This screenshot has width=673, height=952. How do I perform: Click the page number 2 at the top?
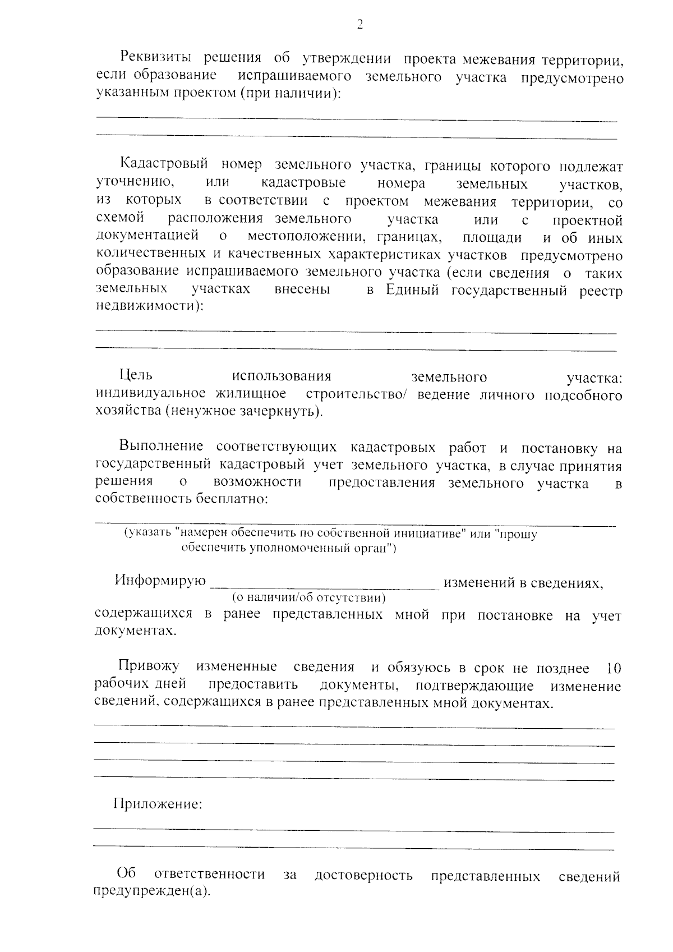pos(359,24)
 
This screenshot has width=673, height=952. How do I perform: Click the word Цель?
pos(135,375)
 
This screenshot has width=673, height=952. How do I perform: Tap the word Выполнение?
pos(160,447)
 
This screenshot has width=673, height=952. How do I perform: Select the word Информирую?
pos(160,580)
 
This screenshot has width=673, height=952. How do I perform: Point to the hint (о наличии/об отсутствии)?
pos(309,598)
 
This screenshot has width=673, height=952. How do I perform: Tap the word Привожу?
pos(149,666)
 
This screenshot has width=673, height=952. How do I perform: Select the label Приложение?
pos(158,804)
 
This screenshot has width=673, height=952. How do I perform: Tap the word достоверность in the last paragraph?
pos(363,875)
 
